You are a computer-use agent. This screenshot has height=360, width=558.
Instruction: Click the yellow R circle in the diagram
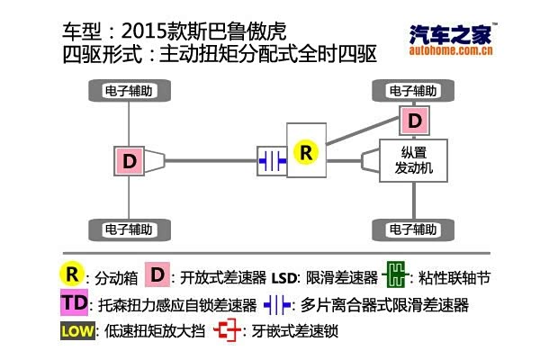306,152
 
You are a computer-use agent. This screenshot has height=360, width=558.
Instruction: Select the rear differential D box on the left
130,161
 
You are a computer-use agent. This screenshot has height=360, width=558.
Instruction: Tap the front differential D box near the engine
413,120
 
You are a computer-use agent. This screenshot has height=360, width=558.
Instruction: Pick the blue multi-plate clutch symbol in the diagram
271,160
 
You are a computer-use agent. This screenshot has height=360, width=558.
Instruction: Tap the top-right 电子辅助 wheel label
413,91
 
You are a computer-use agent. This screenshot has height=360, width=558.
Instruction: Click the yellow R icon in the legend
71,274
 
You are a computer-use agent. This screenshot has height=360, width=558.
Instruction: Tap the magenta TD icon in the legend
75,302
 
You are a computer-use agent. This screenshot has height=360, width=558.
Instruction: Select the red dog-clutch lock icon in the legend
229,331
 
